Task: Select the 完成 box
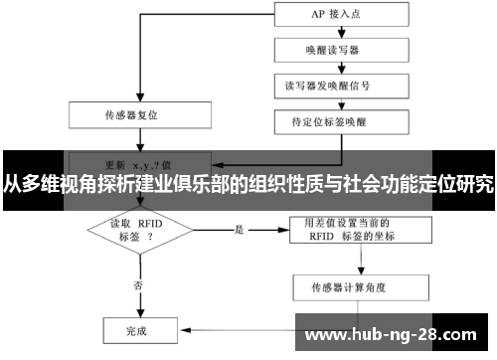click(x=136, y=328)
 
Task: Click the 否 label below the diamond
click(x=136, y=284)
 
